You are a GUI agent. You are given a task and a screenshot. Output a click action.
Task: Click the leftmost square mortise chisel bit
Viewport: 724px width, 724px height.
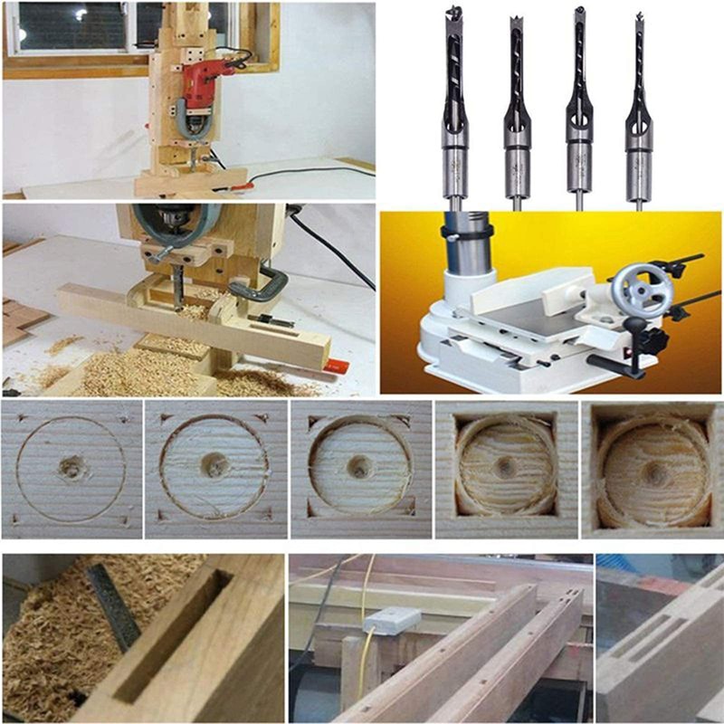(x=454, y=109)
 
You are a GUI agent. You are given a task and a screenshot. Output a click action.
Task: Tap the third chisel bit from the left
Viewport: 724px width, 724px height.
(x=579, y=109)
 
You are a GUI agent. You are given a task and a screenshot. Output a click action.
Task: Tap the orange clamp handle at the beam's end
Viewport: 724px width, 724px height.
(x=335, y=367)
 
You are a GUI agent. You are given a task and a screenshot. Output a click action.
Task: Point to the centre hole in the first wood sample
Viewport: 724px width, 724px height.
(x=71, y=468)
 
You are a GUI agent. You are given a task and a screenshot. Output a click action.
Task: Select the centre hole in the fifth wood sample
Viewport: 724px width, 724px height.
(x=652, y=472)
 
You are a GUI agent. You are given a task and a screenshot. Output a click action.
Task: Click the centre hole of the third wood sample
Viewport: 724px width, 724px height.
(x=360, y=468)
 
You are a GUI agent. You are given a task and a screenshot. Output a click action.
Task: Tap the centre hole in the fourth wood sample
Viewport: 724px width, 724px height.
(x=506, y=467)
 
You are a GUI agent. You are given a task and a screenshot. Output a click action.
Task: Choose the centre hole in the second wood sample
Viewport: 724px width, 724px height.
(x=214, y=465)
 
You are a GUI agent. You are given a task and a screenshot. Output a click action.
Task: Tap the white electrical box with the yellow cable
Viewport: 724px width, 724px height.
(x=391, y=620)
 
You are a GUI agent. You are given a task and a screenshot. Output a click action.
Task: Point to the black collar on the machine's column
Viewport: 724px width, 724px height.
(x=467, y=232)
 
